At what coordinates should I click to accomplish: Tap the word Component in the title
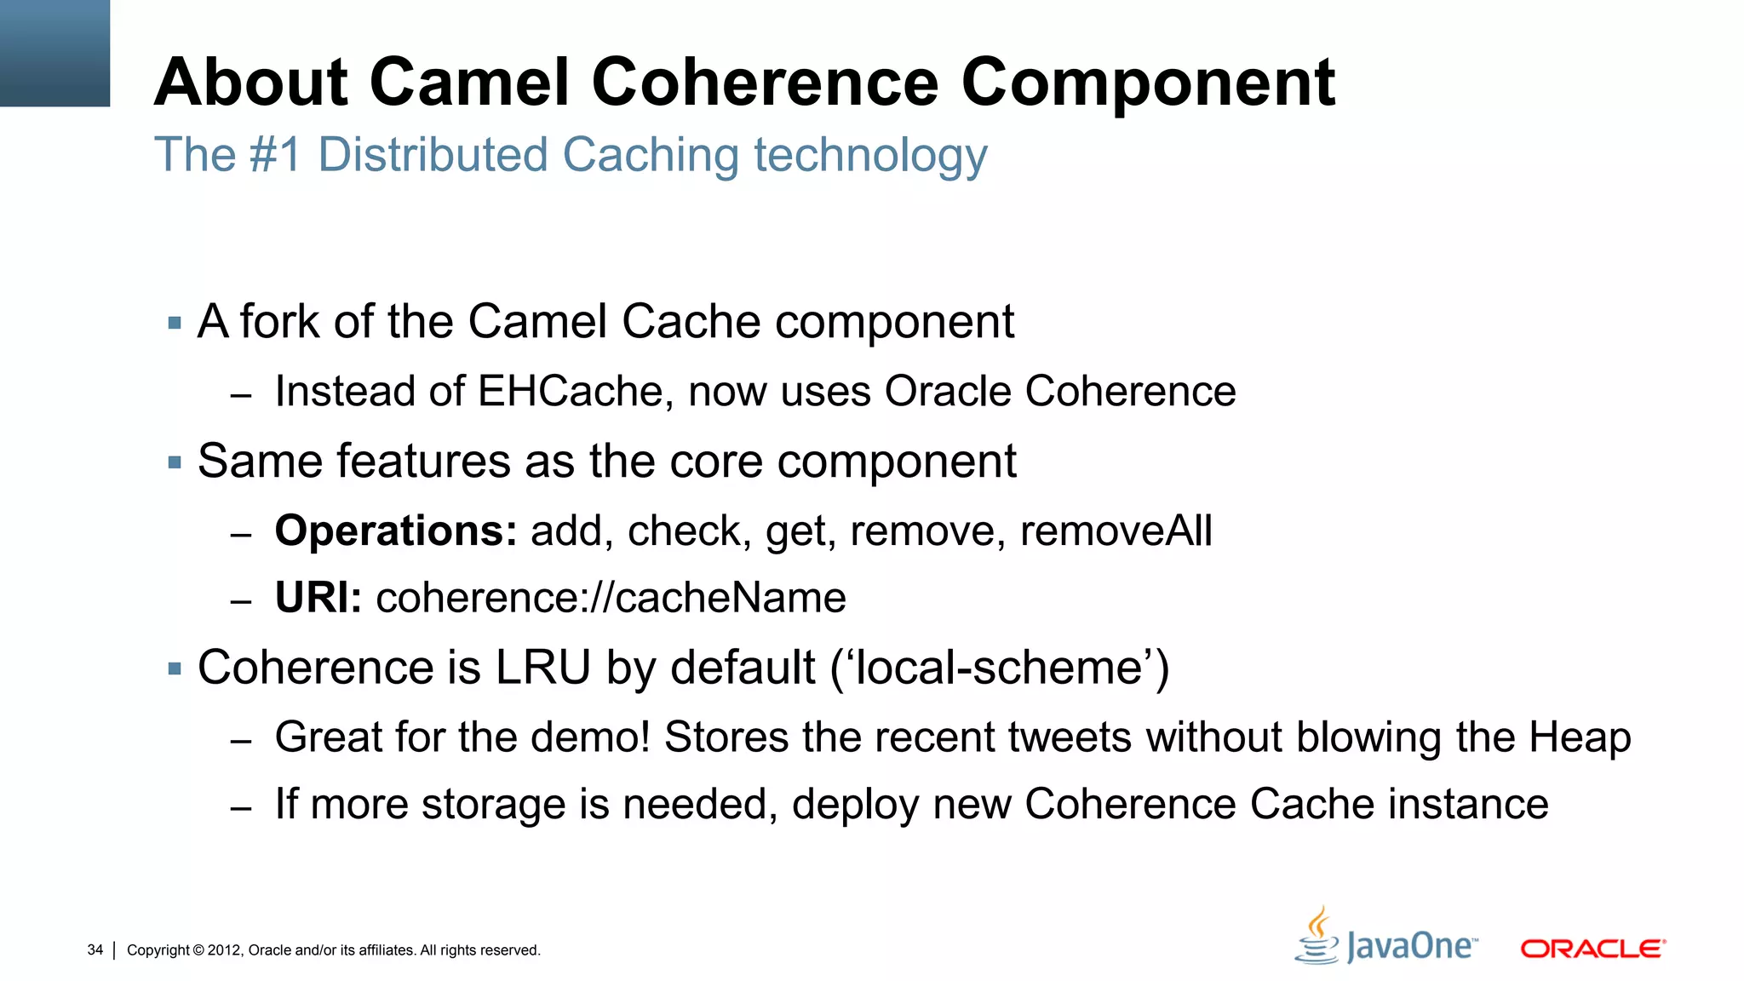[1148, 84]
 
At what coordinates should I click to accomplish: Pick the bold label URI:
[318, 598]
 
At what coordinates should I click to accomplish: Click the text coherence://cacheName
[611, 598]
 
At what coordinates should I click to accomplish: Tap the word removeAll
[1116, 531]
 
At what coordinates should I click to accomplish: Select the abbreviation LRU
[543, 668]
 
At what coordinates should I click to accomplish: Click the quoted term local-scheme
[999, 668]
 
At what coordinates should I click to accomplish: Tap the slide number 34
[95, 949]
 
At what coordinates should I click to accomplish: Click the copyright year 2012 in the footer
[225, 950]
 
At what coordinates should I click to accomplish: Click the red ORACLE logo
[1592, 949]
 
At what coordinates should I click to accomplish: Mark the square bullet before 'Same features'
[175, 463]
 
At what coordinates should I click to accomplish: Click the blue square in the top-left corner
[54, 53]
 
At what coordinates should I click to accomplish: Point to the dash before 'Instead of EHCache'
[241, 395]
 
